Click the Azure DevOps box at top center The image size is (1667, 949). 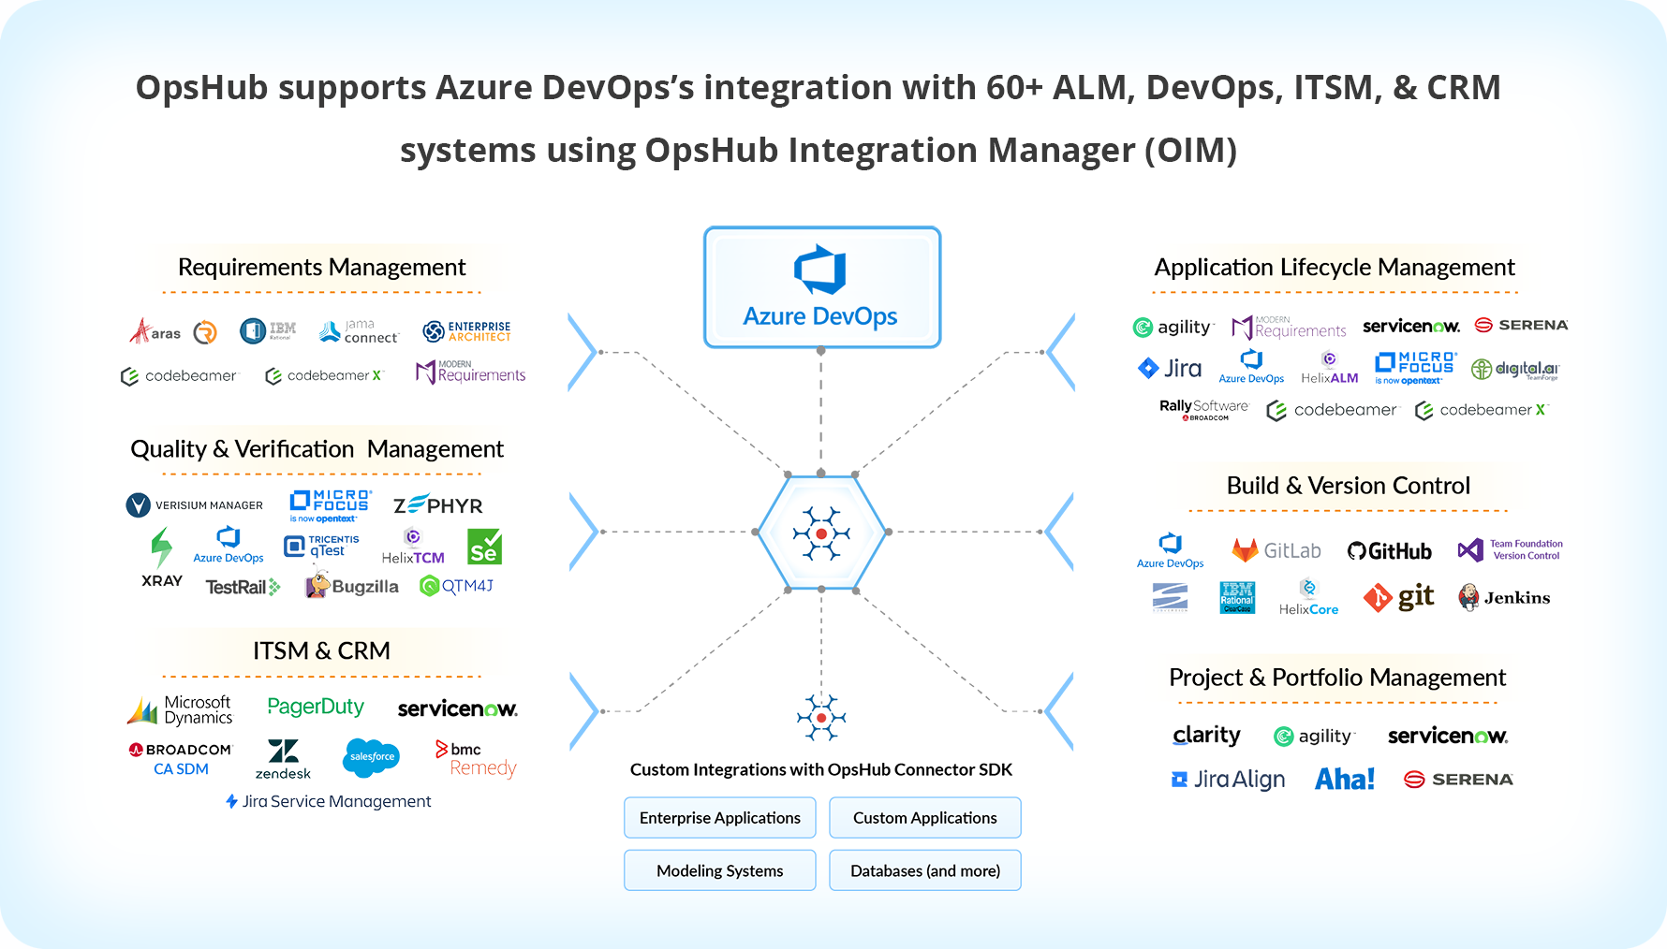(821, 287)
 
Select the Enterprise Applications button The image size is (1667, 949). (719, 818)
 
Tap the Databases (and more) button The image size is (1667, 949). (924, 870)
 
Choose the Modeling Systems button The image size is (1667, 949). (719, 870)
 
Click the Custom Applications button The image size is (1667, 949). (924, 818)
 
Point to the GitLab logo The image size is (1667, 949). (1276, 550)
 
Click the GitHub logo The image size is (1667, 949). (1390, 551)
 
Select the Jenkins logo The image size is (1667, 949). (1504, 597)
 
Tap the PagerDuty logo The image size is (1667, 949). (316, 707)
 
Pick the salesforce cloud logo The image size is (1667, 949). (372, 757)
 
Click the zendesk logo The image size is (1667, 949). (283, 759)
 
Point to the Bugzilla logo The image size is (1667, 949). (352, 586)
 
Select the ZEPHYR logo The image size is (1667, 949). (437, 505)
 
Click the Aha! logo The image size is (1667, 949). (1344, 779)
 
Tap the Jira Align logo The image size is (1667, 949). (1228, 779)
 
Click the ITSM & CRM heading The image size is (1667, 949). (321, 650)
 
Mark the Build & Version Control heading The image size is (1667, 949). (1348, 486)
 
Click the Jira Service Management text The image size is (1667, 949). (329, 801)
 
